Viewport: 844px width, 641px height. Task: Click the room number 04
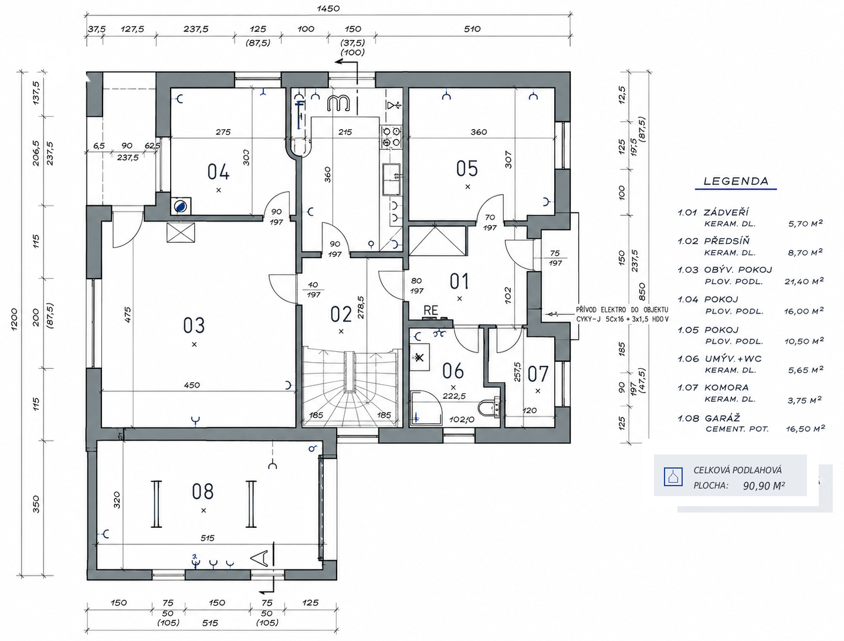click(218, 171)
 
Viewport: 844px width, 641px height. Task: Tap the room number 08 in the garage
click(202, 491)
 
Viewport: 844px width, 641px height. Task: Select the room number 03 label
click(194, 325)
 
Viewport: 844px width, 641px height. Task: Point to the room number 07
click(538, 374)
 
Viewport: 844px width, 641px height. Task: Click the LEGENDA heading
click(736, 181)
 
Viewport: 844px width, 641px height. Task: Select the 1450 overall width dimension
click(328, 8)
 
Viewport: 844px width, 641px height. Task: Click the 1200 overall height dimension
click(14, 319)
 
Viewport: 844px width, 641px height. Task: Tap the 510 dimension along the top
click(472, 29)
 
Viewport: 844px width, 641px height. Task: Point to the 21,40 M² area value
click(804, 282)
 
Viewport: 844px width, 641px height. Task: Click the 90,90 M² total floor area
click(764, 486)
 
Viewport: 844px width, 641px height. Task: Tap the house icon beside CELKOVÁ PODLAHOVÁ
click(673, 477)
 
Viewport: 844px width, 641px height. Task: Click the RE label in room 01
click(431, 310)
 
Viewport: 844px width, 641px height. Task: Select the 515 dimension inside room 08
click(207, 538)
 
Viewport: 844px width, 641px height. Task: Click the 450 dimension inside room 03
click(192, 385)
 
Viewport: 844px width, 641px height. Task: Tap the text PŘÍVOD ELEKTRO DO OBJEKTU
click(622, 310)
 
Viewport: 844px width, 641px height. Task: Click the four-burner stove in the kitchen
click(391, 137)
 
